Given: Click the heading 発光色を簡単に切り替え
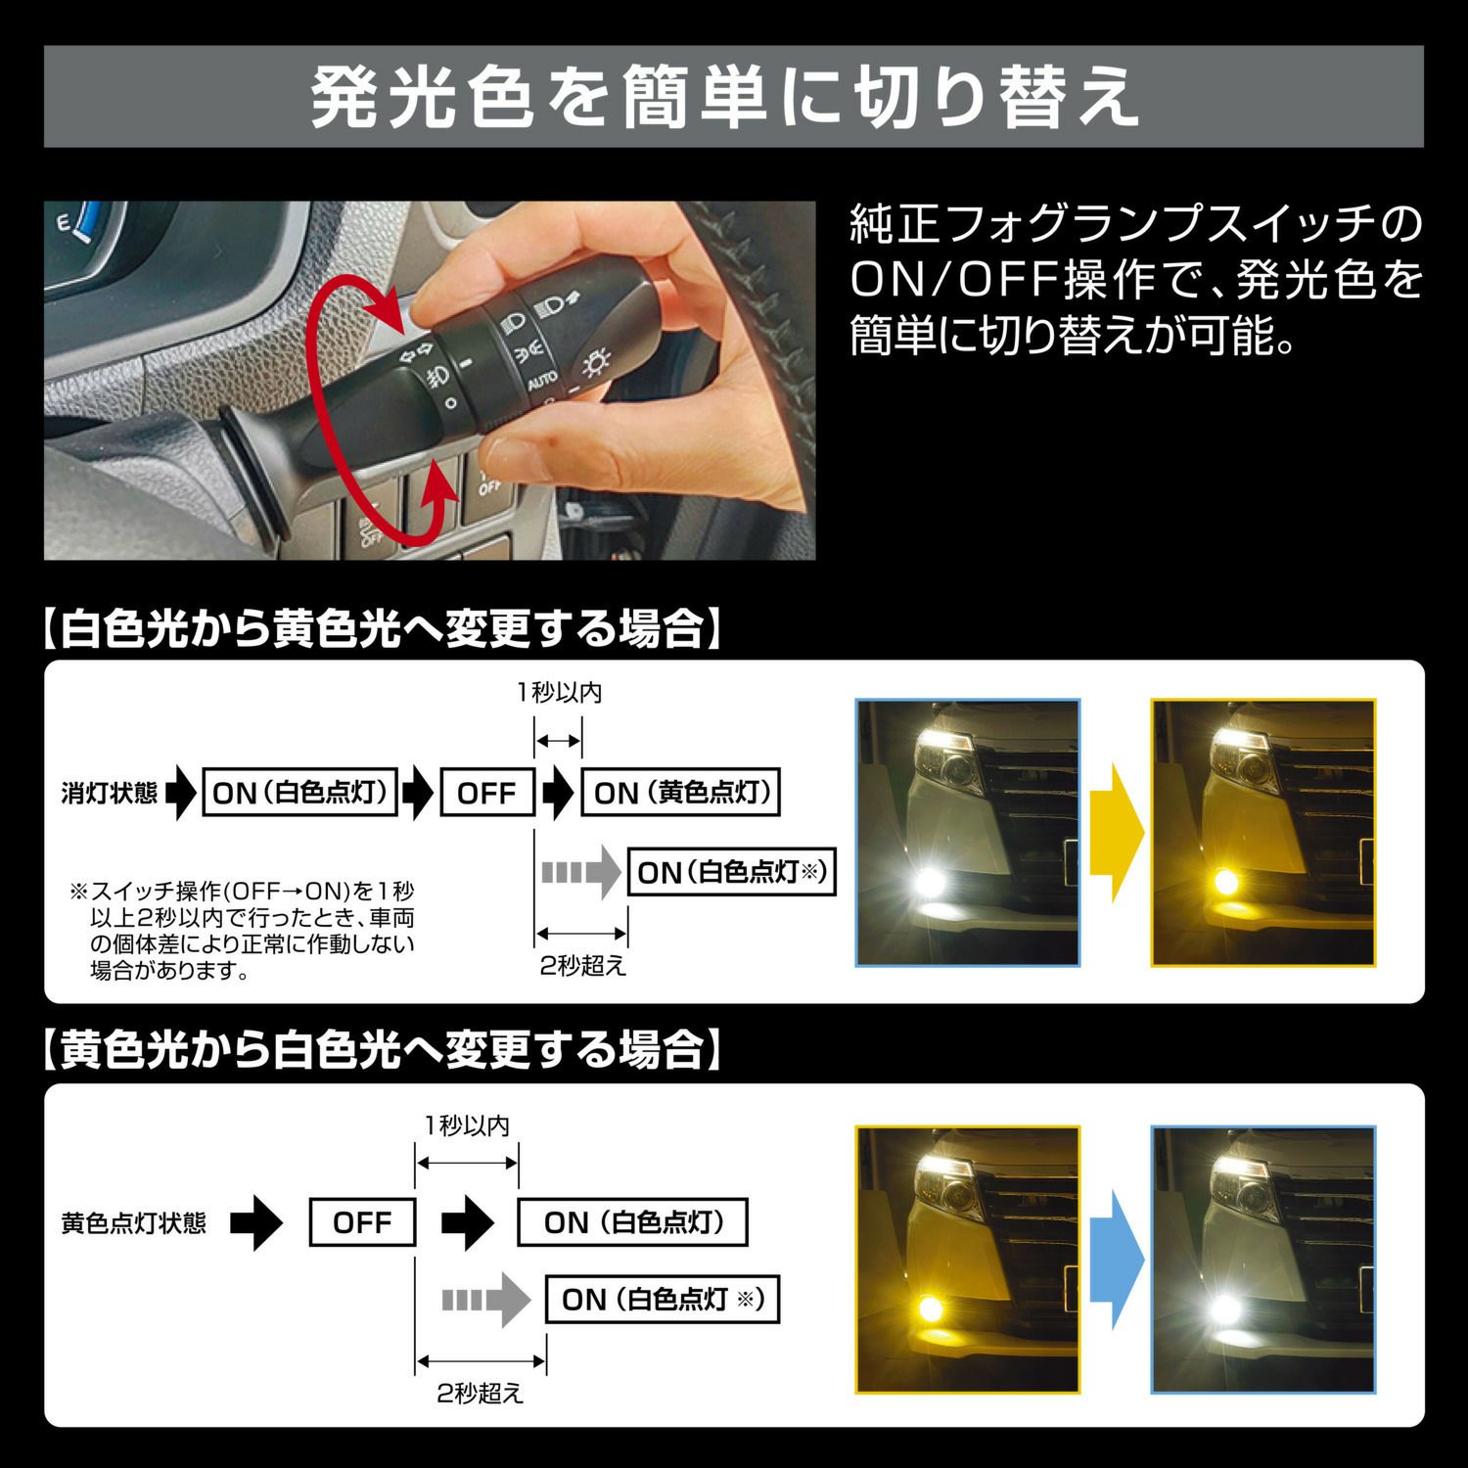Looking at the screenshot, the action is click(x=725, y=97).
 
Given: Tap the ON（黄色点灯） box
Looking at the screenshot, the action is click(x=681, y=793).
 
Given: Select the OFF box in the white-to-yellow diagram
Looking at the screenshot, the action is click(x=486, y=793).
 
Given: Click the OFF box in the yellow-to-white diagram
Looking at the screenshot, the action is click(x=362, y=1222).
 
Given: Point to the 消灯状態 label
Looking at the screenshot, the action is click(x=109, y=793).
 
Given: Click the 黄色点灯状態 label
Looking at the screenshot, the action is click(x=133, y=1223).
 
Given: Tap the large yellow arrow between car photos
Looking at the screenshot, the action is click(x=1116, y=833).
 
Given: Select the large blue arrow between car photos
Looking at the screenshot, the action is click(x=1116, y=1260).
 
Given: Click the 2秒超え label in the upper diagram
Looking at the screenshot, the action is click(x=583, y=966).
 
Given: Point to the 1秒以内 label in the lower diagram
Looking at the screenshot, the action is click(x=467, y=1125).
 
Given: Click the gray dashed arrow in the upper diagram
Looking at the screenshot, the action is click(x=581, y=871).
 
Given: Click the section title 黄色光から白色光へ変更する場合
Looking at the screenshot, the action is click(x=382, y=1050).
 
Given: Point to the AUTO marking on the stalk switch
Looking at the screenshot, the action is click(x=542, y=380).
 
